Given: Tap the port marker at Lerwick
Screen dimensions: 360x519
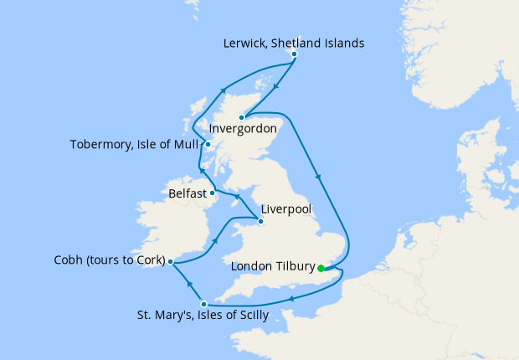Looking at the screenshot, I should [294, 55].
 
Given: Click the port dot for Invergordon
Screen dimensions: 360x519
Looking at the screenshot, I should [241, 117].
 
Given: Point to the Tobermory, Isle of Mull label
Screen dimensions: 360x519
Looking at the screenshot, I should [134, 144].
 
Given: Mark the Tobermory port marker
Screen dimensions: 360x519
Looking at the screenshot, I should [207, 144].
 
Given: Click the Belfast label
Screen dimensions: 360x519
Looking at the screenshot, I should [188, 193].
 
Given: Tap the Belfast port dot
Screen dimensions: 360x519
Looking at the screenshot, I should [213, 193].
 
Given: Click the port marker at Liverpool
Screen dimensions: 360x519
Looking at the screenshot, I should [261, 222].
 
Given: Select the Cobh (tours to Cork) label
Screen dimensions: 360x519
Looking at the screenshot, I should [105, 260].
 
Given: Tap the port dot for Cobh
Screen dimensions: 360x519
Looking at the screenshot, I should [170, 261].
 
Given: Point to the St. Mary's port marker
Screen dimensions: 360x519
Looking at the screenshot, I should [204, 303].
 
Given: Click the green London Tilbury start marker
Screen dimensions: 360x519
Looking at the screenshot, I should [321, 269].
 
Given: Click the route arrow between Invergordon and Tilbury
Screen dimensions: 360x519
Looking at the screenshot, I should [316, 177].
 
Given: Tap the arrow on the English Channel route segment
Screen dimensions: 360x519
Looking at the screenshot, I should [290, 298].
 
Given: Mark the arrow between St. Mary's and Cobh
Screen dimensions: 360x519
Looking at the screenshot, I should [188, 282].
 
